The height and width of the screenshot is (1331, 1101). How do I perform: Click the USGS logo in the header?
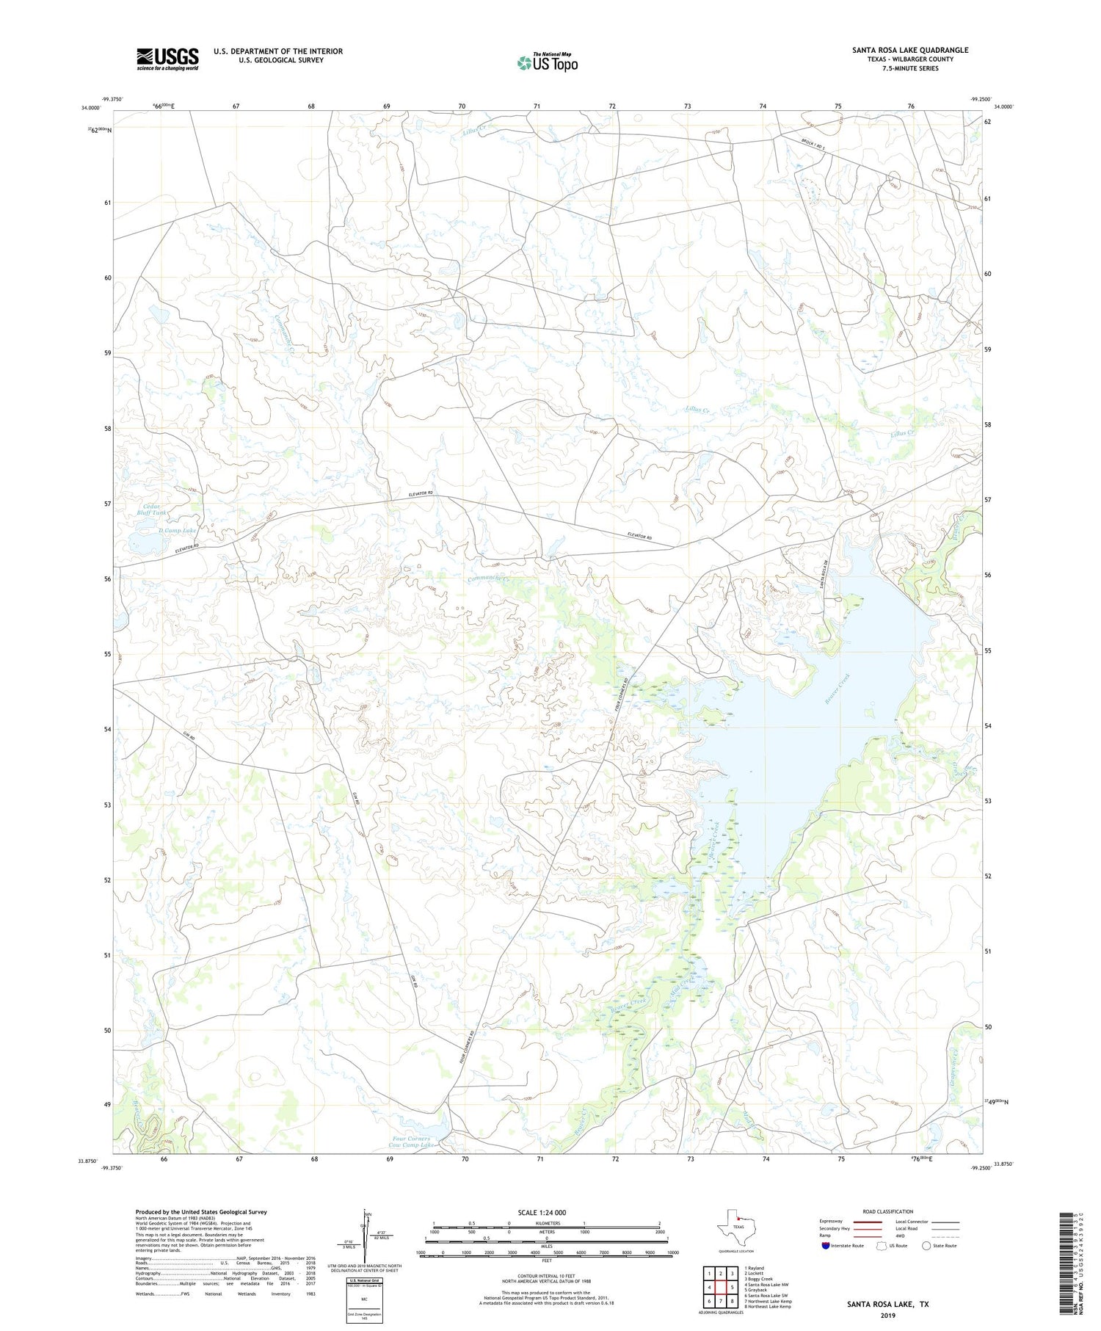[167, 59]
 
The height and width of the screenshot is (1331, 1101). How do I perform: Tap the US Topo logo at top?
[547, 63]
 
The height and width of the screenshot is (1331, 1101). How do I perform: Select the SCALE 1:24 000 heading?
[542, 1212]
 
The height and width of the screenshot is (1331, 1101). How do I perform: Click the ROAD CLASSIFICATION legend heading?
[887, 1211]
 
